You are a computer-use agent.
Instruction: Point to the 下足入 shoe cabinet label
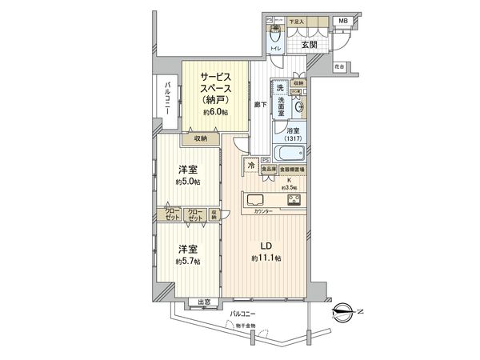pos(297,21)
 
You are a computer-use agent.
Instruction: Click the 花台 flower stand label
pos(339,66)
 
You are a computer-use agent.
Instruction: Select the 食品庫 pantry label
pos(269,170)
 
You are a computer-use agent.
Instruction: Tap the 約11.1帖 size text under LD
pos(265,258)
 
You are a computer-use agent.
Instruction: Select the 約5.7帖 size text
pos(188,262)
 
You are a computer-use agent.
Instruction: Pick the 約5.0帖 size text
pos(188,182)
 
